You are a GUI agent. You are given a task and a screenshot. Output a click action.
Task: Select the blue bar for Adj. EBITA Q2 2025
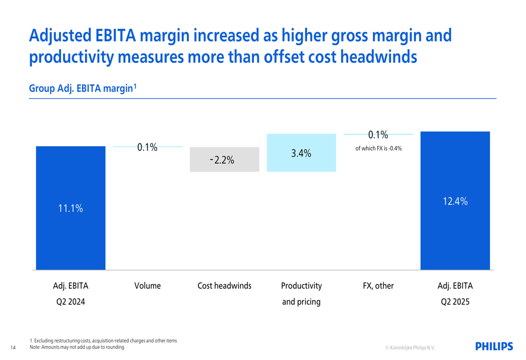[x=455, y=236]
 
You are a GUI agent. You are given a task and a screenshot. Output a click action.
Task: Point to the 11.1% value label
[x=70, y=208]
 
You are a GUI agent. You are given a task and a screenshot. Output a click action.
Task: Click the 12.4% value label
[x=455, y=201]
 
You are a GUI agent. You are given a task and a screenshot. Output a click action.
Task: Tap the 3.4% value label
[x=301, y=153]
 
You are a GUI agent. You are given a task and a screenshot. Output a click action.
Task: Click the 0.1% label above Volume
[x=147, y=147]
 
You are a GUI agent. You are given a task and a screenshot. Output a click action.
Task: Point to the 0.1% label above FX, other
[x=378, y=136]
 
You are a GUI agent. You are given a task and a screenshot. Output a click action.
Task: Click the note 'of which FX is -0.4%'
[x=378, y=148]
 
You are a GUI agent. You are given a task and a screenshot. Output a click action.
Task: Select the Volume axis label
[x=147, y=286]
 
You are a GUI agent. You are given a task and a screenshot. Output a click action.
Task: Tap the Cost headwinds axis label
[x=225, y=286]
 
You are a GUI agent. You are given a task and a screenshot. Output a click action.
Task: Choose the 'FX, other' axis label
[x=378, y=286]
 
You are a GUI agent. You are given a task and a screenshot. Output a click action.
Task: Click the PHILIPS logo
[x=493, y=346]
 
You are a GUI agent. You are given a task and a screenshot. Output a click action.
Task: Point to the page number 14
[x=13, y=347]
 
